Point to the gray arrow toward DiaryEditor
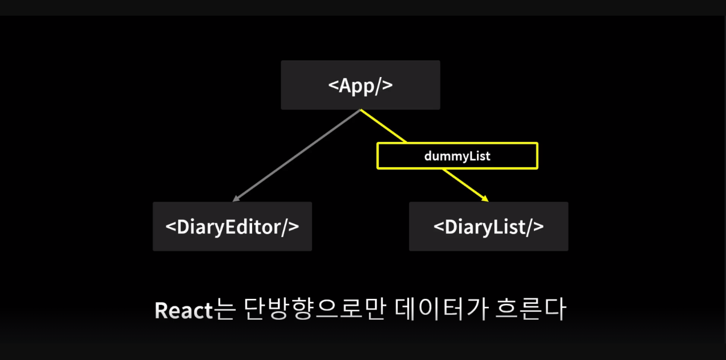(x=296, y=155)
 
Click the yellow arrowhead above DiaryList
(x=485, y=199)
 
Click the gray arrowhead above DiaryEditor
(x=236, y=199)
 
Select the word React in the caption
(x=183, y=310)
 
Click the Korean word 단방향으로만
(x=315, y=309)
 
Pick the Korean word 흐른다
(x=531, y=309)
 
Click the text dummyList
(x=457, y=156)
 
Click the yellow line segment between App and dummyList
(x=383, y=126)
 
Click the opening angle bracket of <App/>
(x=333, y=85)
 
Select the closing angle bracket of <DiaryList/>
(x=538, y=227)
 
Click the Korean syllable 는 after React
(x=224, y=309)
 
